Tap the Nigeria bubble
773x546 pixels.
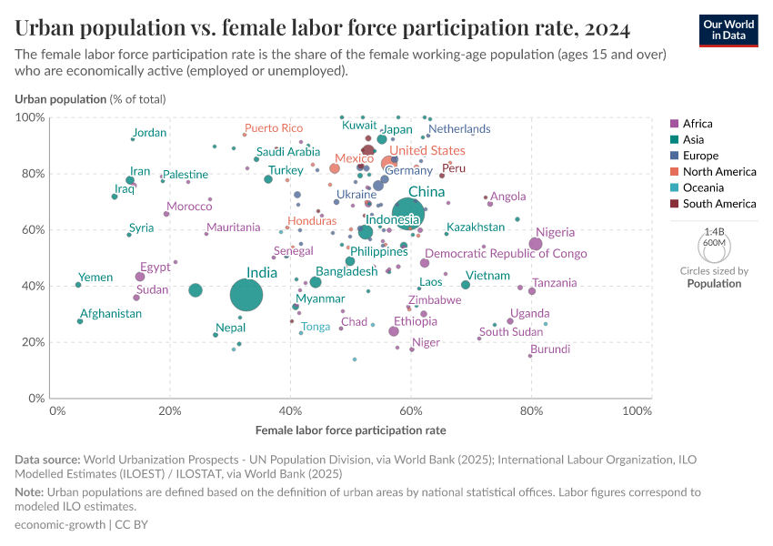(x=536, y=244)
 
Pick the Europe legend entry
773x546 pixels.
(x=700, y=156)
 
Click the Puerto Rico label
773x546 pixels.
(x=273, y=128)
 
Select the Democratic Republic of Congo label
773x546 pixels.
(x=506, y=254)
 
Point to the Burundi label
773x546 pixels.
(x=550, y=349)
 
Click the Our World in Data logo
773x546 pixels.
(x=728, y=30)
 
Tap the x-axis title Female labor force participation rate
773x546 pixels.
(x=350, y=430)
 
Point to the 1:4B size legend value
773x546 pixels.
(x=714, y=232)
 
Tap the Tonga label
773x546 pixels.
(x=316, y=327)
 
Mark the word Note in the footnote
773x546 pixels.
(x=30, y=492)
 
